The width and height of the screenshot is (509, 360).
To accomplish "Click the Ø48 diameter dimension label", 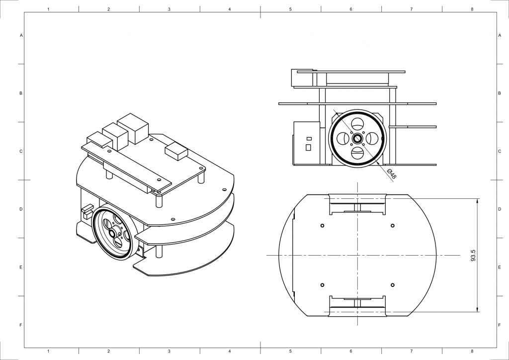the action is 392,174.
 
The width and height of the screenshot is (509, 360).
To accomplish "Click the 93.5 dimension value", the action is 473,256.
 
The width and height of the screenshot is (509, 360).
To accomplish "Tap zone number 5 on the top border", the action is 290,9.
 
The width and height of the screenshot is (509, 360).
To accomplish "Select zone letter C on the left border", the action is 21,151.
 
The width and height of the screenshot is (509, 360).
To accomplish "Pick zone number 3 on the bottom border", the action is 169,351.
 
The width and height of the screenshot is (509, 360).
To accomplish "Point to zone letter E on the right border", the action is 500,267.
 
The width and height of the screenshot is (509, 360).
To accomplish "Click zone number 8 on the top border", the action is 472,9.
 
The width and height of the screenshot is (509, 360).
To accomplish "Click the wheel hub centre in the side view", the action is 357,139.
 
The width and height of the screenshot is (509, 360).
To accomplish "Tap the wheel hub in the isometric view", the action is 113,233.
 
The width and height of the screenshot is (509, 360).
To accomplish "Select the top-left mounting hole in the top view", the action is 322,226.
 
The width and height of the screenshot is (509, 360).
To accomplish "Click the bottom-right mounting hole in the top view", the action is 393,285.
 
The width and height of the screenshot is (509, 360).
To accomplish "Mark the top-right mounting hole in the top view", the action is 393,226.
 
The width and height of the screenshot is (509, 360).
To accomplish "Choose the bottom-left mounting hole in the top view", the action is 322,285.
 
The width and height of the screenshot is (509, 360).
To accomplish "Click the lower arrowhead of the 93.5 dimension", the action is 477,309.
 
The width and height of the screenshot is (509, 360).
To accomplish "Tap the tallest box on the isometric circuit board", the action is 133,128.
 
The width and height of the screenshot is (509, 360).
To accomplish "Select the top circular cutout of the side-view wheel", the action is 357,124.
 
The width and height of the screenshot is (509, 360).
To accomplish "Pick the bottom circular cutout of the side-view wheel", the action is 357,153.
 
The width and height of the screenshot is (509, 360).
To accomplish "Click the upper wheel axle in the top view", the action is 357,207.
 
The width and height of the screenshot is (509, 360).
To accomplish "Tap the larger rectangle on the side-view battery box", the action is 308,147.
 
